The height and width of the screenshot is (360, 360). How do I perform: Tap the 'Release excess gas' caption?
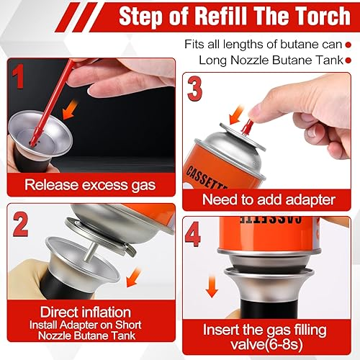coord(90,184)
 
